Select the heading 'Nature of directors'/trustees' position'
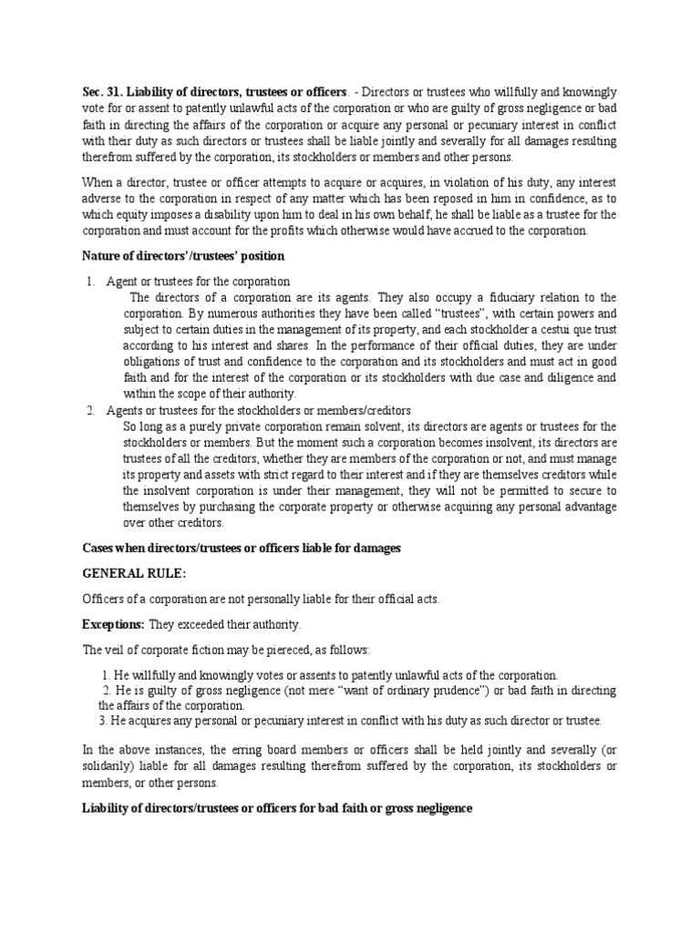183,255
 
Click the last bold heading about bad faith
277,807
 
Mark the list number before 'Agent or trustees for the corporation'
91,282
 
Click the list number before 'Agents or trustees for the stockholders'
91,410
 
